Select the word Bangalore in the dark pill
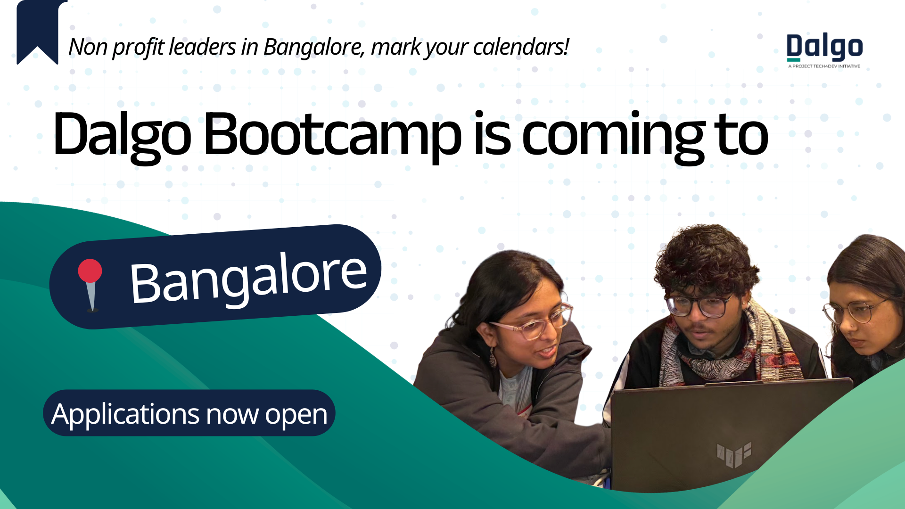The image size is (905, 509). (248, 279)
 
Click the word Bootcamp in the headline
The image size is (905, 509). (332, 135)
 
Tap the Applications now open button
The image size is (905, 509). (189, 413)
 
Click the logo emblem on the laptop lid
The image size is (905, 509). (733, 454)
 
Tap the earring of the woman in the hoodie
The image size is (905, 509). (493, 358)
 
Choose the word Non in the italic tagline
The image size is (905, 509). (88, 47)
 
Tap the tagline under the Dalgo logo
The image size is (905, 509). (824, 66)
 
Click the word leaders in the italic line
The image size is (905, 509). (203, 47)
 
